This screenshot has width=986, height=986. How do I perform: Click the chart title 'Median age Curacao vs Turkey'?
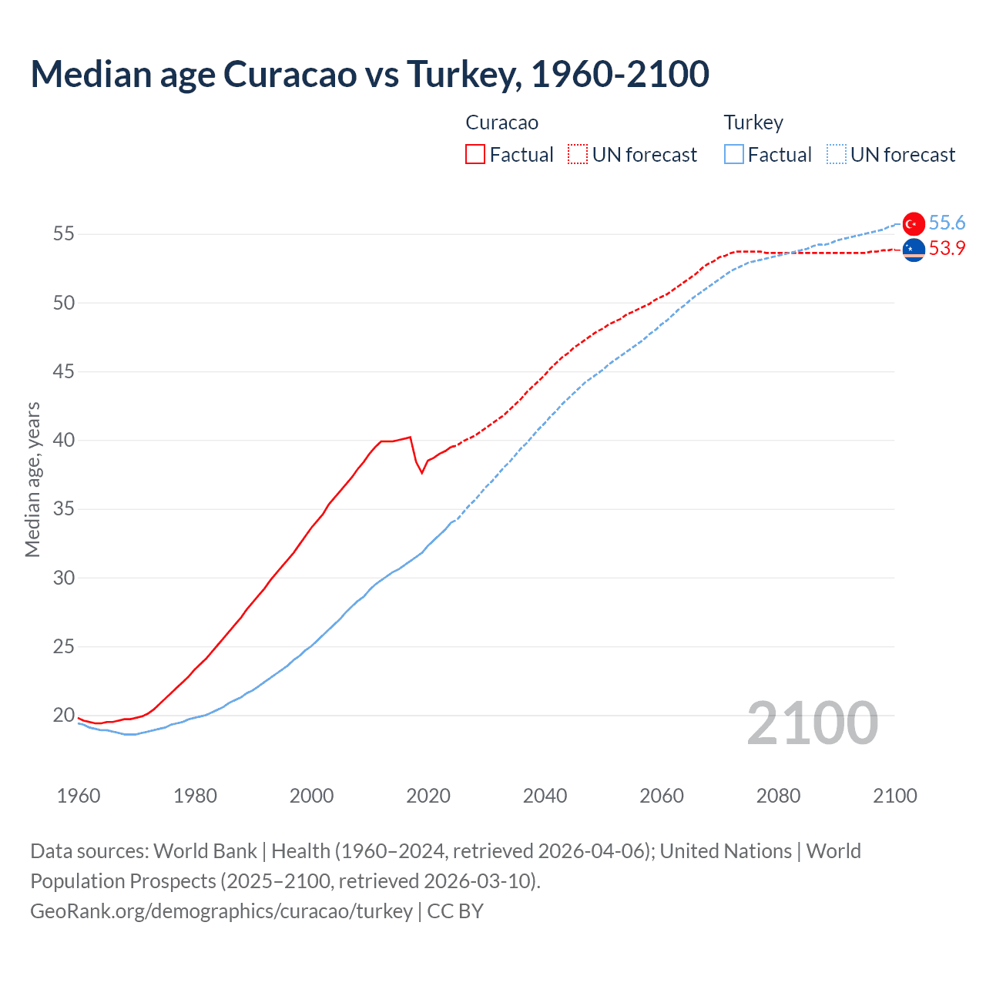(x=370, y=74)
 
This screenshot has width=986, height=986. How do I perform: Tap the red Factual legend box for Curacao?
(x=475, y=155)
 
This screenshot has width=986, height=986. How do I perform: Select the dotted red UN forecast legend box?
(x=578, y=155)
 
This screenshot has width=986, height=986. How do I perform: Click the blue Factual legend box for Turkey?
(x=734, y=155)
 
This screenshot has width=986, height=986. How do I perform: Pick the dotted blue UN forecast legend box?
(x=836, y=155)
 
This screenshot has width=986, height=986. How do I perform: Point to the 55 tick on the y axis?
(x=64, y=234)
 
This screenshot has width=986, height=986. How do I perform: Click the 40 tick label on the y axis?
(x=64, y=441)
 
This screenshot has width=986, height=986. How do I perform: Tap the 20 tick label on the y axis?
(x=64, y=716)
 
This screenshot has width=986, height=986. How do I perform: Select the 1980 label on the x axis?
(x=195, y=796)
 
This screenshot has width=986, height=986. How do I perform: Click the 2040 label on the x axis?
(x=545, y=796)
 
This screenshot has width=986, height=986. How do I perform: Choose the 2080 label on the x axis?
(x=778, y=796)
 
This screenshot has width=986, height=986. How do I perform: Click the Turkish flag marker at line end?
(x=914, y=223)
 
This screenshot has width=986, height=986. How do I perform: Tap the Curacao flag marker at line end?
(x=914, y=250)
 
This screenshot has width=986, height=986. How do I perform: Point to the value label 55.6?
(x=947, y=223)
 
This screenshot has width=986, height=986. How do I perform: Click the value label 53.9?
(x=947, y=249)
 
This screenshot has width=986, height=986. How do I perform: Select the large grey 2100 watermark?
(x=812, y=723)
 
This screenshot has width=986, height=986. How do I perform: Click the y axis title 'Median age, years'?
(x=32, y=479)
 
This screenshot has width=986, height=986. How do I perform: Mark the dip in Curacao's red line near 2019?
(x=421, y=472)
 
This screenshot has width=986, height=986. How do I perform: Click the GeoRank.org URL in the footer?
(x=221, y=911)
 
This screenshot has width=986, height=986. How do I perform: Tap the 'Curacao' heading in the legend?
(x=501, y=123)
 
